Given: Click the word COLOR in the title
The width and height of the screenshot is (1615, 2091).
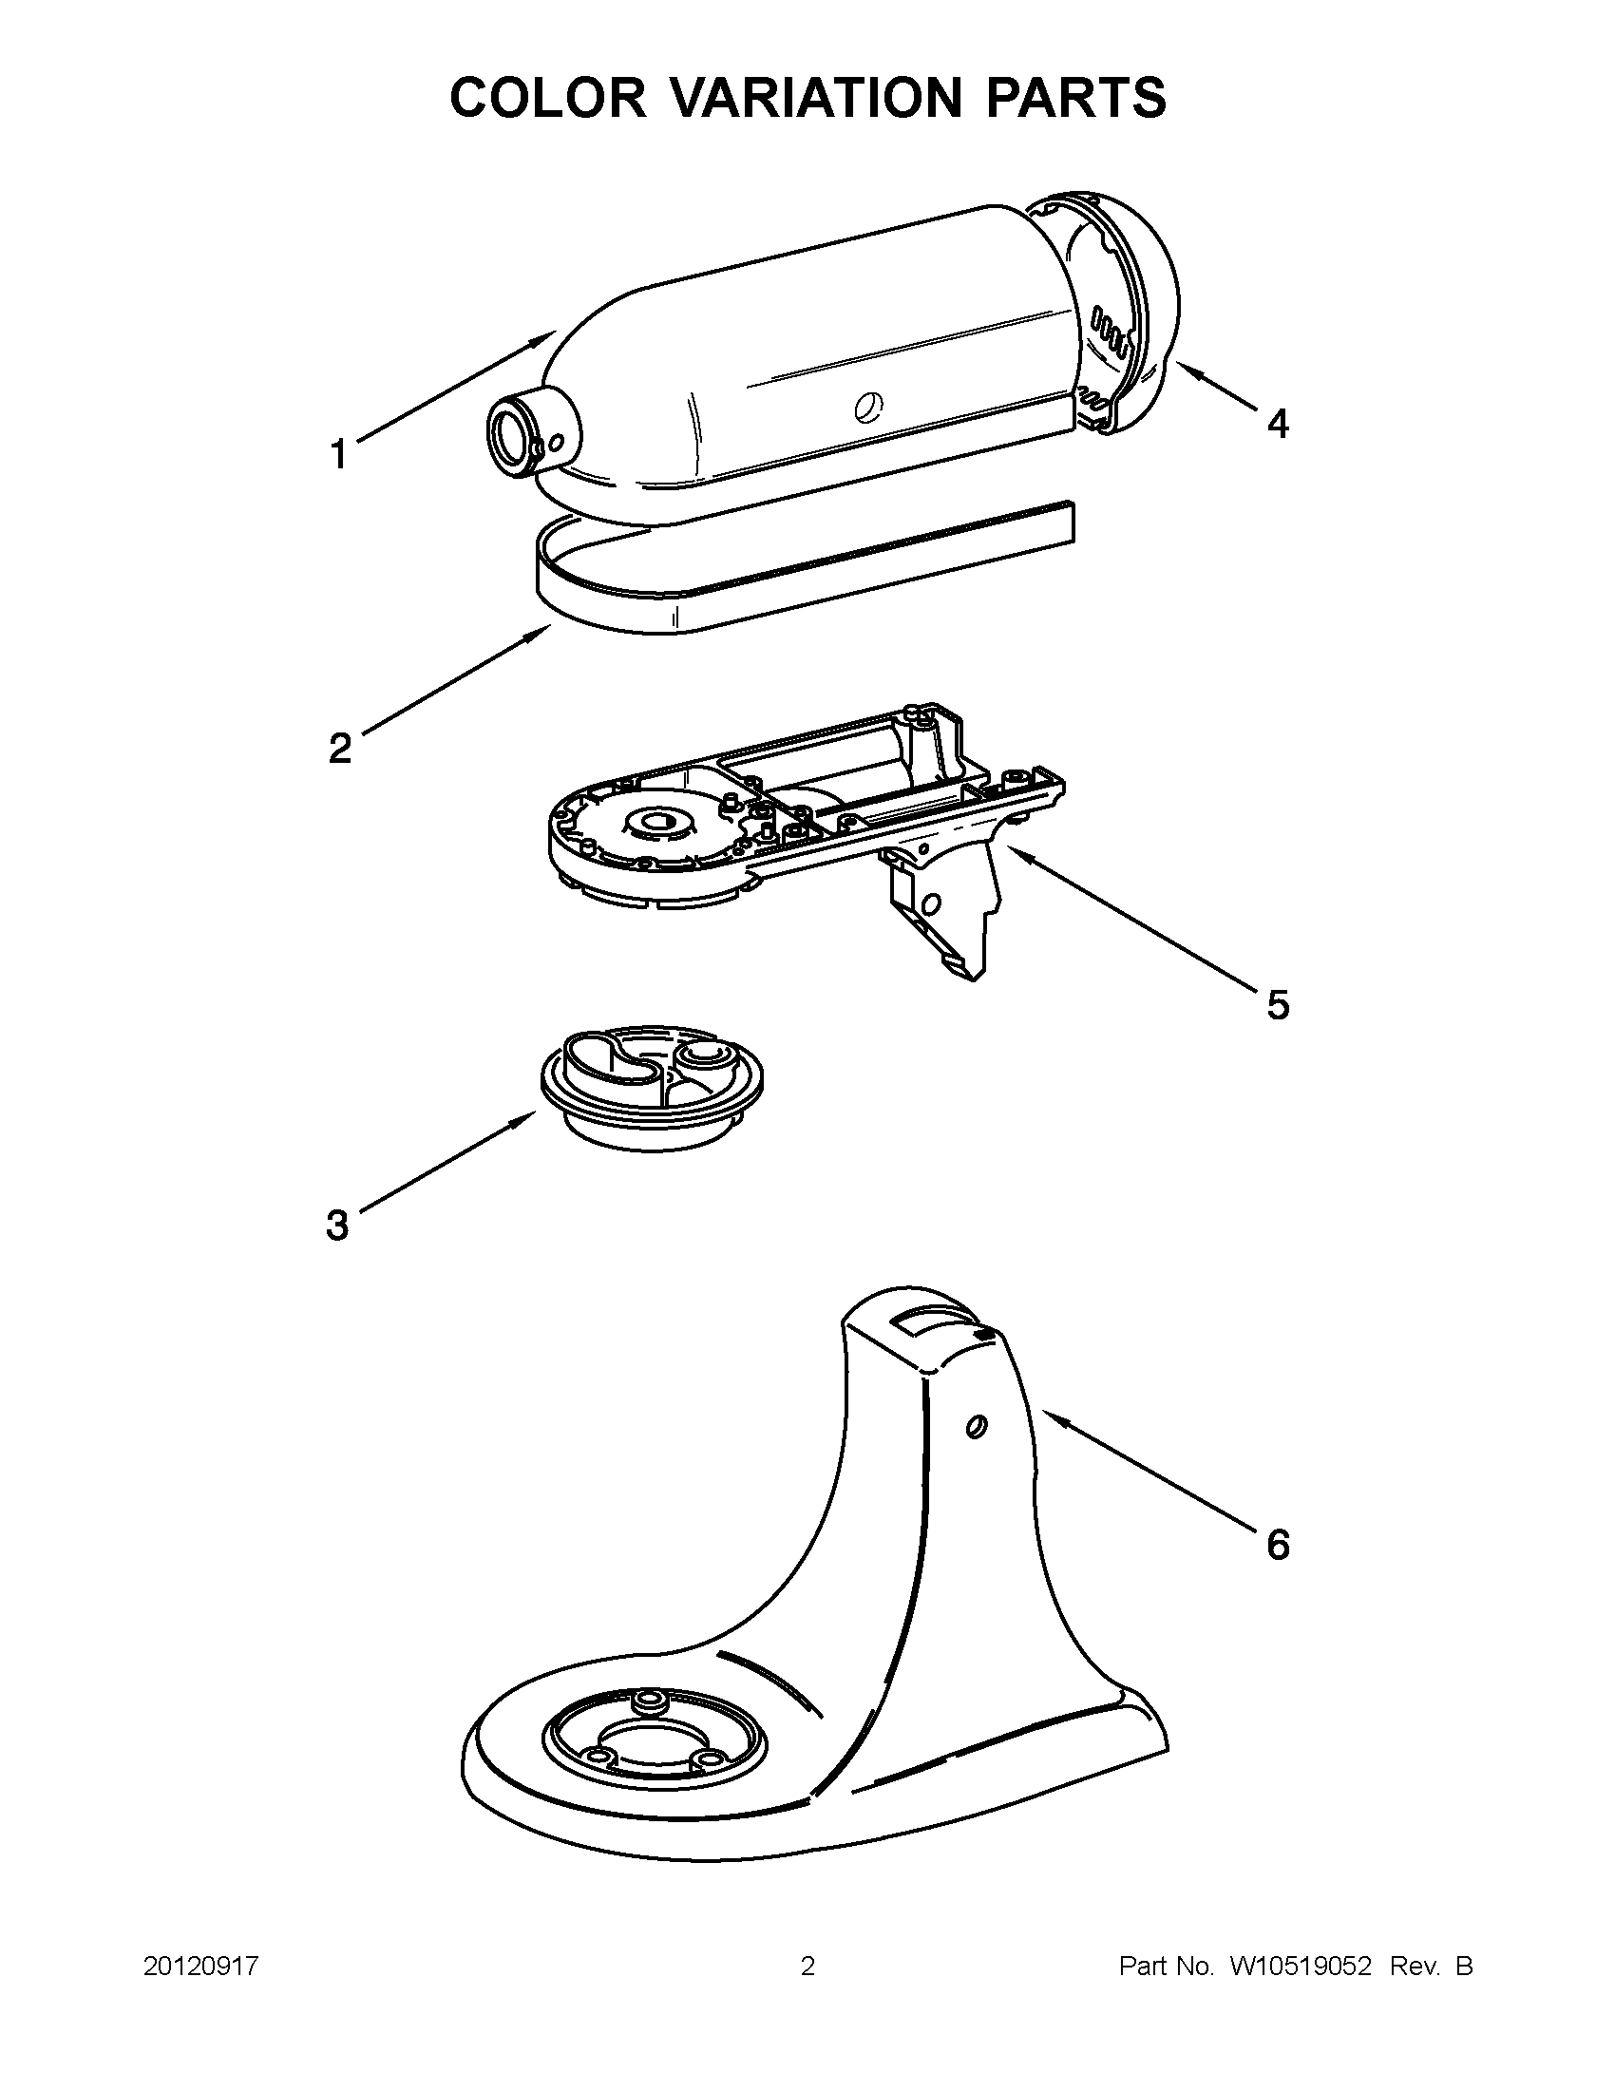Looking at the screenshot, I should (x=548, y=98).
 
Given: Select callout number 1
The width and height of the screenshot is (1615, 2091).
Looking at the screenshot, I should (x=339, y=454).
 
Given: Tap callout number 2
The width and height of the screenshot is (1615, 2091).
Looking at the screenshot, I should (x=340, y=747).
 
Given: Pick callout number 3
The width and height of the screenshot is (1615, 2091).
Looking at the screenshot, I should (x=337, y=1225).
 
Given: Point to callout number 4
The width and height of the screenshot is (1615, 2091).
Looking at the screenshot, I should (x=1277, y=422).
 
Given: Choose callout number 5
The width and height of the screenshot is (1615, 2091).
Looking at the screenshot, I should (x=1277, y=1004).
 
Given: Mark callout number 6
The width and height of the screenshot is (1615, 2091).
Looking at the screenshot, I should (x=1277, y=1545).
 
